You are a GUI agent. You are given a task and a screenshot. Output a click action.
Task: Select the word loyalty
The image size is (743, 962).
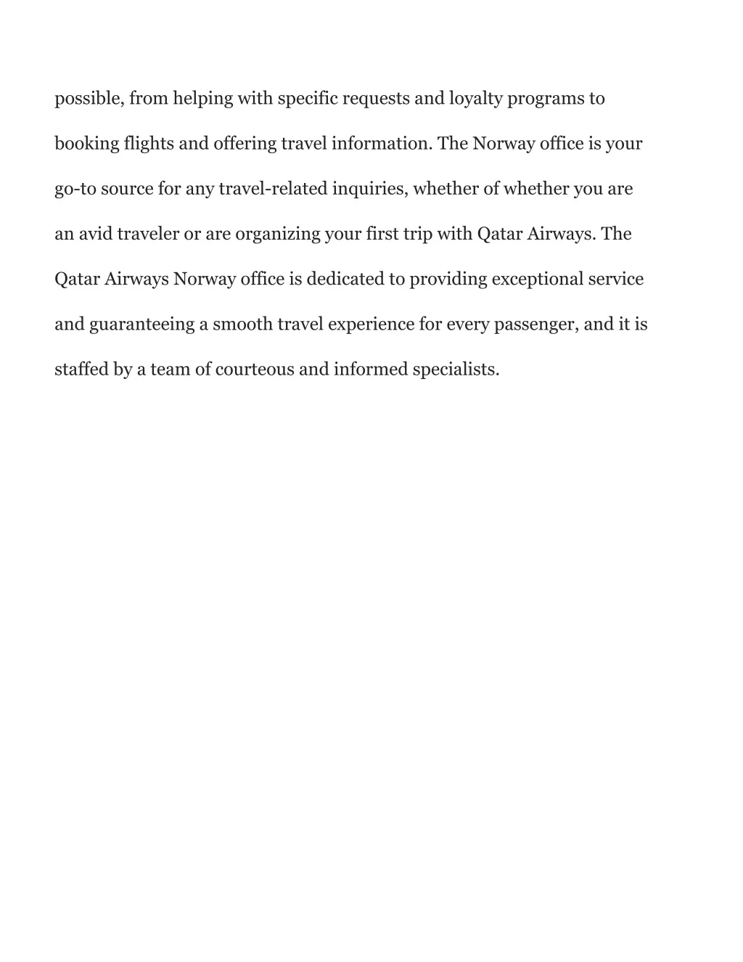[475, 99]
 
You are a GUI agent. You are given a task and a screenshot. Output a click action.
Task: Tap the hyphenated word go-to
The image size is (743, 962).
[75, 189]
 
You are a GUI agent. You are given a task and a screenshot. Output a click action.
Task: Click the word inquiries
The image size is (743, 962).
[371, 189]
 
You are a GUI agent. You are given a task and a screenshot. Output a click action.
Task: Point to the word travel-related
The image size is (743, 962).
[273, 189]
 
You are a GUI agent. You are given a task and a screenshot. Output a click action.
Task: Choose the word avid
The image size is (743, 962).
[95, 234]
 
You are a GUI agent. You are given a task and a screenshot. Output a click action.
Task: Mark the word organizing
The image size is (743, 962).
[278, 234]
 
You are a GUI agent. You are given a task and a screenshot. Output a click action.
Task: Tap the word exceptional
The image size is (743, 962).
[538, 279]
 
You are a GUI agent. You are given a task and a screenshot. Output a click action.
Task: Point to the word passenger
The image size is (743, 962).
[535, 324]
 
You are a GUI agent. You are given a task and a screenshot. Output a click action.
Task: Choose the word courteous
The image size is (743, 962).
[255, 369]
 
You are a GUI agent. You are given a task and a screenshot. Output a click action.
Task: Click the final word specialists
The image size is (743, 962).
[456, 369]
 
